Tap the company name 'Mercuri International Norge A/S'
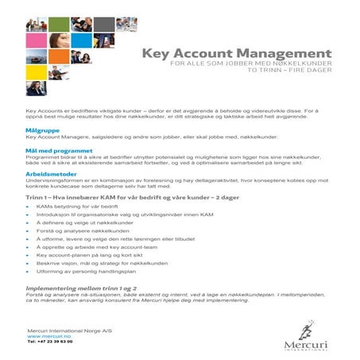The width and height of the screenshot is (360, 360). pyautogui.click(x=64, y=330)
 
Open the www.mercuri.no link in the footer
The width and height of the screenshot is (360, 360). pyautogui.click(x=45, y=335)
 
